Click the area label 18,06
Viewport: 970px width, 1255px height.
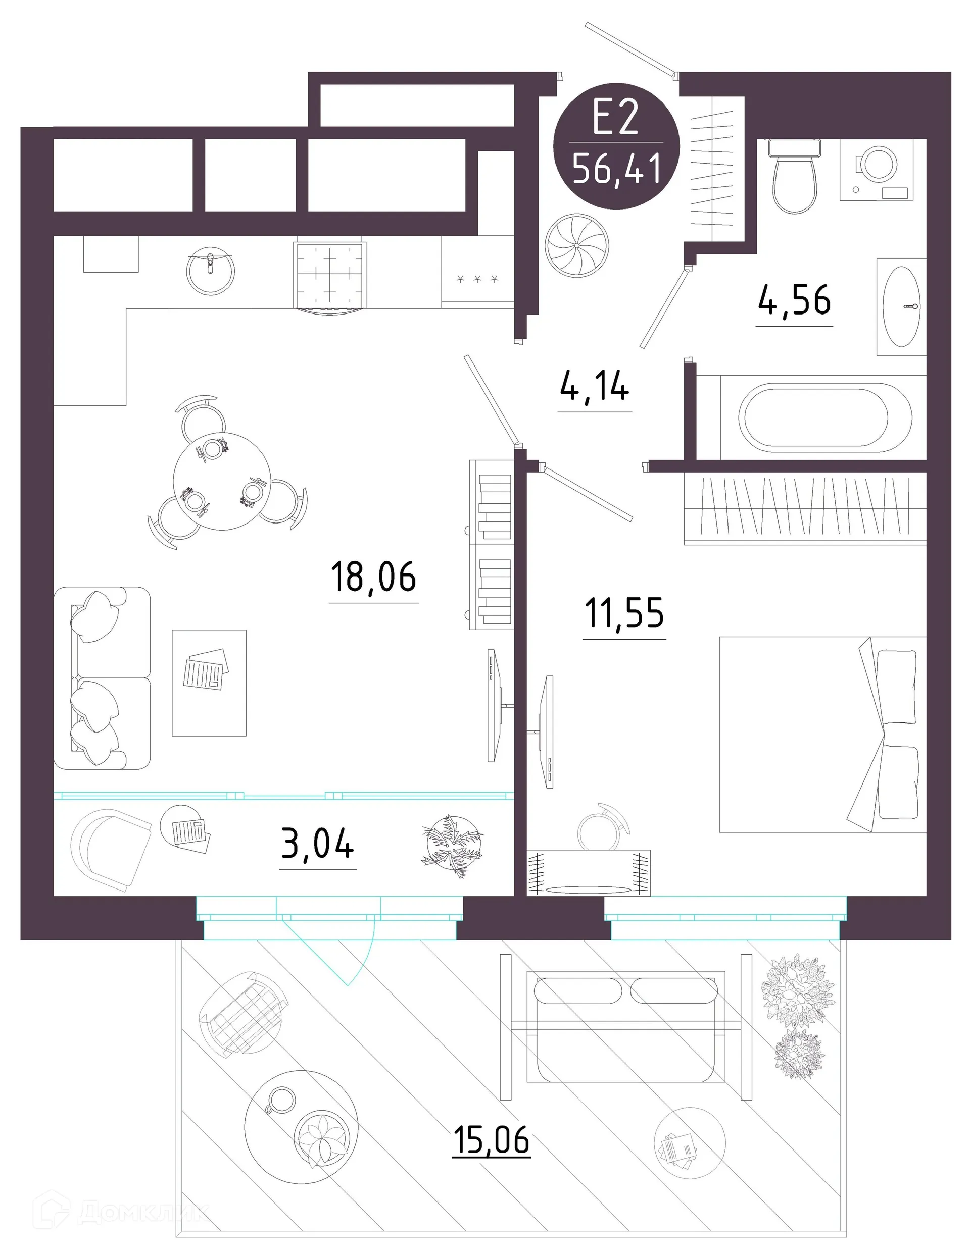click(373, 577)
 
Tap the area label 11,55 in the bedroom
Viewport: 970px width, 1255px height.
click(624, 613)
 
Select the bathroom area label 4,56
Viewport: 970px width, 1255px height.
click(794, 300)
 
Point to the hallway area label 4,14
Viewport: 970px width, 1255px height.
click(594, 386)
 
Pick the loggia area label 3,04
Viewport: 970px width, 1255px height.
click(317, 845)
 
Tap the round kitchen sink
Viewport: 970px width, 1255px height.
click(211, 270)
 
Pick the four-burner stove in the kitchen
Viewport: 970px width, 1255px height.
click(330, 276)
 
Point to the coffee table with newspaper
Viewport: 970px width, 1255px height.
click(209, 682)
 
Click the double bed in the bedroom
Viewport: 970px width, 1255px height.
click(821, 734)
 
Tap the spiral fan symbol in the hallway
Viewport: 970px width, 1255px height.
click(576, 245)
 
